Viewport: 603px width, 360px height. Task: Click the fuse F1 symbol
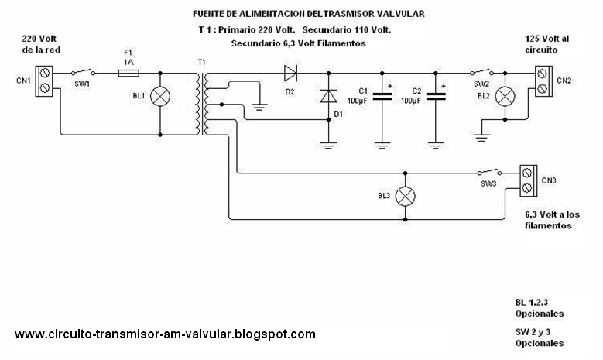[128, 73]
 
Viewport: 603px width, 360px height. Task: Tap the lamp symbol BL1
[160, 96]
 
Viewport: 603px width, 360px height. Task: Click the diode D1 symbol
[328, 96]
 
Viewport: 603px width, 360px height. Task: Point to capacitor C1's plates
[382, 96]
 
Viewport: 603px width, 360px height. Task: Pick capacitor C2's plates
[436, 96]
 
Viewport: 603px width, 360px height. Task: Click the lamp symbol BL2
[505, 96]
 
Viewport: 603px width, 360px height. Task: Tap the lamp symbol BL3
[406, 196]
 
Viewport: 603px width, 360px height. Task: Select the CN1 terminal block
[44, 81]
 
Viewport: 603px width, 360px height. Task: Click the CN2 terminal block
[543, 81]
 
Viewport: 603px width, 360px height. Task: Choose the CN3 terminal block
[529, 180]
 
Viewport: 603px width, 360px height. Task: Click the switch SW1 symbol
[83, 72]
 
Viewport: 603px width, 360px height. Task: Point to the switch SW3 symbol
[489, 172]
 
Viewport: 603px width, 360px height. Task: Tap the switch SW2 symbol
[482, 72]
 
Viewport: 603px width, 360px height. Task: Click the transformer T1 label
[201, 62]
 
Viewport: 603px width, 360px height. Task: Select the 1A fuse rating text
[128, 62]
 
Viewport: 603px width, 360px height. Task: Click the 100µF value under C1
[358, 101]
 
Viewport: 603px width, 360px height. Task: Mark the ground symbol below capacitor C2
[436, 146]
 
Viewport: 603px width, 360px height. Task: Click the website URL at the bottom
[166, 334]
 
